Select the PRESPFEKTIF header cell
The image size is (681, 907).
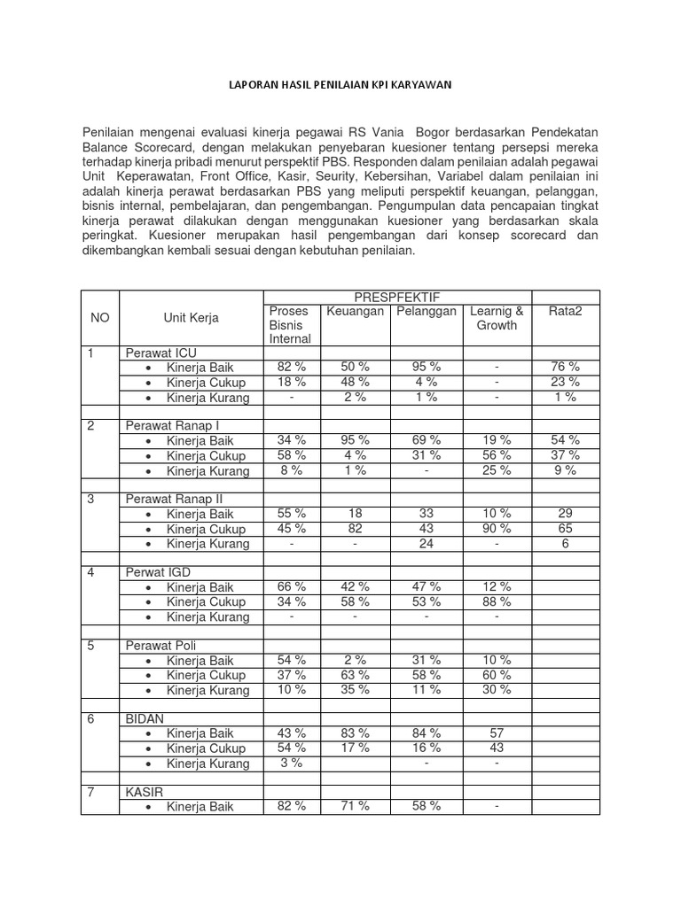396,297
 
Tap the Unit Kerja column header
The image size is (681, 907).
191,318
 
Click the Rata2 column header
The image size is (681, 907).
565,311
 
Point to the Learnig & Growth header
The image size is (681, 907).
497,318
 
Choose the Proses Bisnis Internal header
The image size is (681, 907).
290,324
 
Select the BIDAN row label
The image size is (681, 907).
145,719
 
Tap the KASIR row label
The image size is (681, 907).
144,792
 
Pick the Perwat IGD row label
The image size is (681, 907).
158,573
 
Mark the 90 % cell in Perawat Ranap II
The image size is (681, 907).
497,529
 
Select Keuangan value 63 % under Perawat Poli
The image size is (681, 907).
355,675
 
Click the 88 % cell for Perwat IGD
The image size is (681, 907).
497,602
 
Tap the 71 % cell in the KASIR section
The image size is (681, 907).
355,806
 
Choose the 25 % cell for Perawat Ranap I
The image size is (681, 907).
497,470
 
